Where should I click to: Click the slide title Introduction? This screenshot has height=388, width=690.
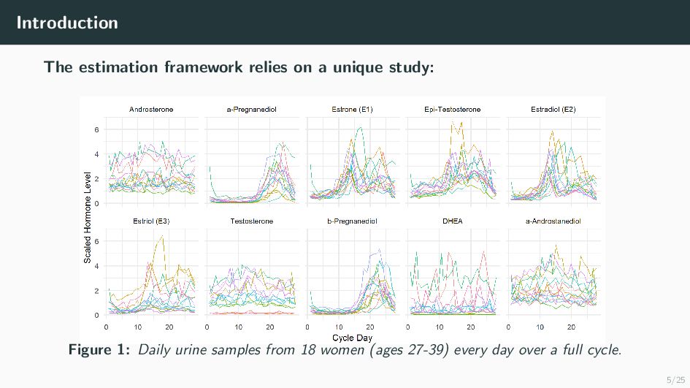click(67, 23)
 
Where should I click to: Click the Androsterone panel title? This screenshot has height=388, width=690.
click(151, 110)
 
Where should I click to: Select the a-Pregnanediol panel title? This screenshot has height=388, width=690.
click(252, 110)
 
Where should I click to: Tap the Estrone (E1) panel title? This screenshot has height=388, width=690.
click(352, 110)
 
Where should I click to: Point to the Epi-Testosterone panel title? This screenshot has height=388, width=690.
click(453, 110)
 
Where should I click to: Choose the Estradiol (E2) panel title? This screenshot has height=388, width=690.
click(553, 110)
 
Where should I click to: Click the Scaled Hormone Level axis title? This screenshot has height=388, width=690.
click(88, 218)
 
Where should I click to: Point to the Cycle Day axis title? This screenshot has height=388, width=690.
click(353, 338)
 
